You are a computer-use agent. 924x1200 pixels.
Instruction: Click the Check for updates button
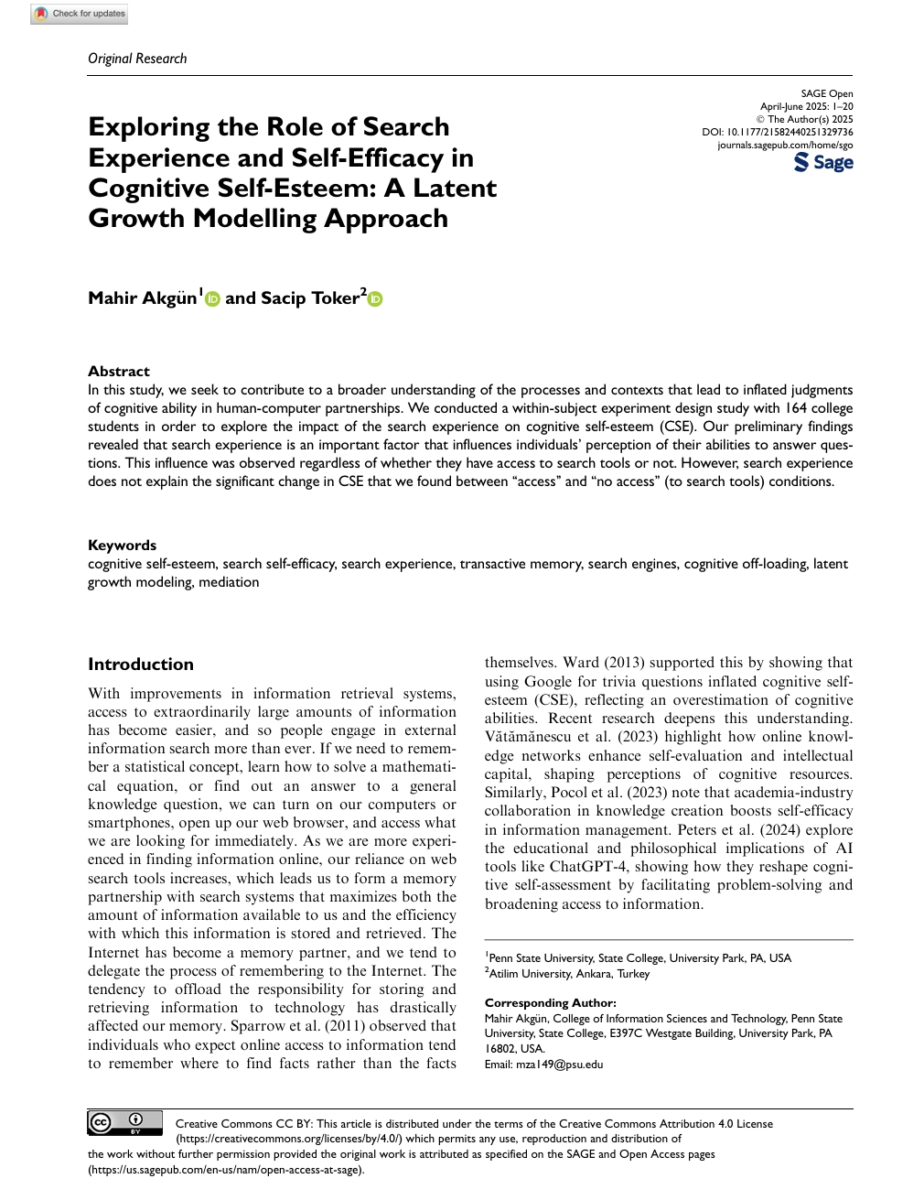click(x=80, y=14)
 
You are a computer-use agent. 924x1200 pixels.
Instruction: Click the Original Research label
click(x=137, y=59)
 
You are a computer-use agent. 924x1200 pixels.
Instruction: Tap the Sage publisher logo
click(x=823, y=163)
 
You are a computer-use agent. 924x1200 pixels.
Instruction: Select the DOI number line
click(x=778, y=132)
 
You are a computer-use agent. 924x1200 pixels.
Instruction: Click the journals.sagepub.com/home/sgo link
click(x=785, y=145)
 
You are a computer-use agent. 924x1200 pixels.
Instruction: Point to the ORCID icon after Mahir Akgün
click(x=213, y=298)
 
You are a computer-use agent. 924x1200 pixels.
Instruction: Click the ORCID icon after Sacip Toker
click(x=375, y=298)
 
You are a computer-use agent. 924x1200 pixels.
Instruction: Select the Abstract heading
click(x=119, y=371)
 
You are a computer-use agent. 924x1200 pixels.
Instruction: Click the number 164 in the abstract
click(x=795, y=407)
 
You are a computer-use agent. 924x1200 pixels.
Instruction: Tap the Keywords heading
click(x=122, y=545)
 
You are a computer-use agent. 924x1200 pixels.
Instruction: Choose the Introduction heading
click(x=141, y=664)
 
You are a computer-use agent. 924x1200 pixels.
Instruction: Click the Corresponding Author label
click(x=550, y=1002)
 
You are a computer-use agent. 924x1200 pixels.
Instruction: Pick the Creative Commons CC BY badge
click(x=124, y=1122)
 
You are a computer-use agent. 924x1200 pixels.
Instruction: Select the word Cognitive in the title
click(x=148, y=188)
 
